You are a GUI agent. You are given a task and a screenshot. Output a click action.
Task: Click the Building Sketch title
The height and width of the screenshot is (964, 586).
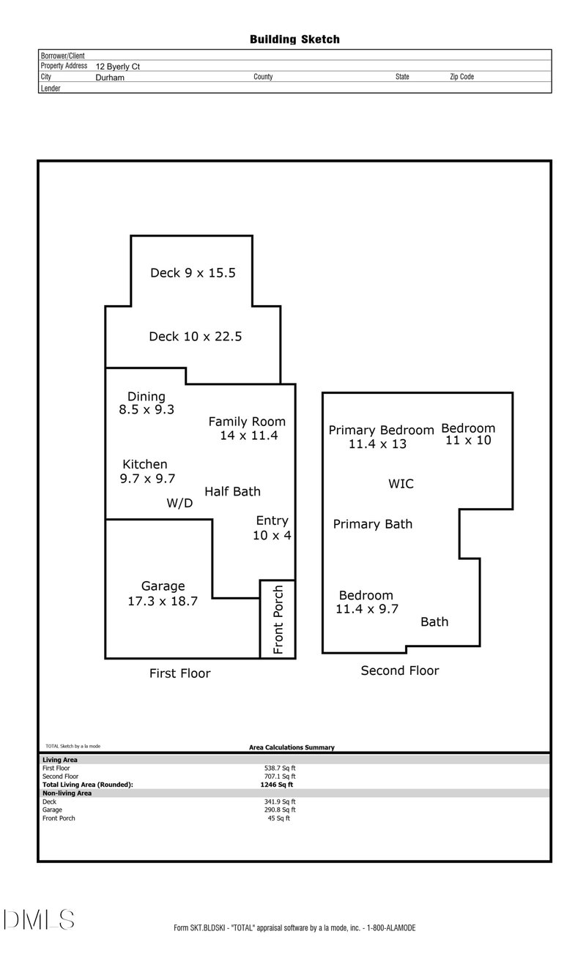pos(294,40)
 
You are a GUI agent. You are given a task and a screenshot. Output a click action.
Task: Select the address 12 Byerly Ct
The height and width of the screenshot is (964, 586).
pos(117,67)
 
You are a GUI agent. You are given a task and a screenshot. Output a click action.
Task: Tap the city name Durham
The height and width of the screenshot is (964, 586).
pos(110,77)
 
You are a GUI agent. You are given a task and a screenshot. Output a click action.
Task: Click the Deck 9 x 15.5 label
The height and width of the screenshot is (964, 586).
pos(193,273)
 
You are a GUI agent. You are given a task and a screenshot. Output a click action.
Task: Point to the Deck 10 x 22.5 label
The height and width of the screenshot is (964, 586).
pos(195,337)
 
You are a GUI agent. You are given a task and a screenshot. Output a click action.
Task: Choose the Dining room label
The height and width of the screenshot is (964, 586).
pos(146,403)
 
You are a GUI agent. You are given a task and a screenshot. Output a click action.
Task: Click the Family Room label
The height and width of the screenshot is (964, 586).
pos(247,428)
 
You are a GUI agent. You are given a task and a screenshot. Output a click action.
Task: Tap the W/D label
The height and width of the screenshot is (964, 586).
pos(179,504)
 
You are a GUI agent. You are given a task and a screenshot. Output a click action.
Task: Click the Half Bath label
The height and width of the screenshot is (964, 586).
pos(232,492)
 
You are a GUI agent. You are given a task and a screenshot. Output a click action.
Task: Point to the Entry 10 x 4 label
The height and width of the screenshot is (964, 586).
pos(272,528)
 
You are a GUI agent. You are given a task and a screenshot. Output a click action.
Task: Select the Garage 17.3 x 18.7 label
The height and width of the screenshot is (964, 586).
pos(163,594)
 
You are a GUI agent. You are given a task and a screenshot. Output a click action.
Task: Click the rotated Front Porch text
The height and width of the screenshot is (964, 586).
pos(278,619)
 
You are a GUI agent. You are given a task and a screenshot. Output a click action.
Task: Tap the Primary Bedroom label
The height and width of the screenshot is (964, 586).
pos(381,437)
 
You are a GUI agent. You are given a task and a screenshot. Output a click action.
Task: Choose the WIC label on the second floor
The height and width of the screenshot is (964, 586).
pos(401,484)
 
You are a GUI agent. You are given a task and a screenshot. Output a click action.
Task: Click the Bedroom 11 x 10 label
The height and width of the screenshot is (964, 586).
pos(468,434)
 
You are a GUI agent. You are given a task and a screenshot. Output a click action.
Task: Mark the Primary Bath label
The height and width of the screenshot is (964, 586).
pos(372,524)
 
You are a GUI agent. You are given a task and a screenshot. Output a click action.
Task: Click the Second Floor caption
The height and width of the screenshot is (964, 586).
pos(400,670)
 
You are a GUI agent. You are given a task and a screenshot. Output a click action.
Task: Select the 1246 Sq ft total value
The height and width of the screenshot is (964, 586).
pos(271,785)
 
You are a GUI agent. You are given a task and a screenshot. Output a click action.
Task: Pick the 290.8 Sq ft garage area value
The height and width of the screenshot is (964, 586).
pos(280,810)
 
